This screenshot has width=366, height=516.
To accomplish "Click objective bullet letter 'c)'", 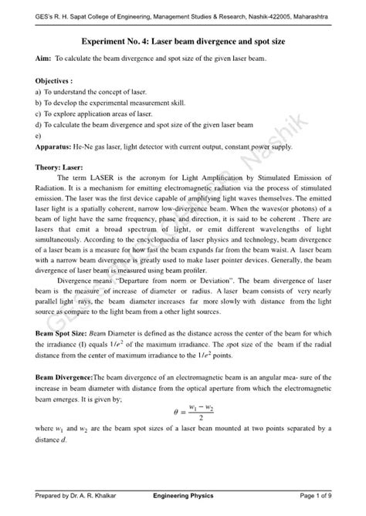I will (x=39, y=113).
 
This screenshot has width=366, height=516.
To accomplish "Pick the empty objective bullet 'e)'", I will (x=39, y=134).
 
